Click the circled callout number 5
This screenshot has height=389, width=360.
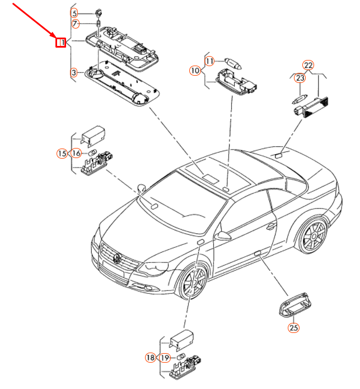pos(74,13)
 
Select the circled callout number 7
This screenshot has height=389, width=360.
pos(76,24)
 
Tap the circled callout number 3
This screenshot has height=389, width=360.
pos(74,73)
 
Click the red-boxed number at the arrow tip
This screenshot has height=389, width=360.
pos(60,43)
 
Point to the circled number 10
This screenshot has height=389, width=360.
pos(195,71)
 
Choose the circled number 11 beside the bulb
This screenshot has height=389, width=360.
pos(209,61)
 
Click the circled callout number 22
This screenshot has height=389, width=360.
pos(308,65)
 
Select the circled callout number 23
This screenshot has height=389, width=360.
pos(300,78)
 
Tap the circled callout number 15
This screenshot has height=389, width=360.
pos(62,154)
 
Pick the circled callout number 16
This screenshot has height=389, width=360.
pos(76,153)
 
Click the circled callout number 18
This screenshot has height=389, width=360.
pos(151,358)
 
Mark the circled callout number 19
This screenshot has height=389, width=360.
pos(165,358)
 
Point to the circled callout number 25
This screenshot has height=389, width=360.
pos(293,328)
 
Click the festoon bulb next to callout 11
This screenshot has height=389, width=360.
pos(233,63)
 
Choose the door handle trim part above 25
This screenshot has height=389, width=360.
pos(295,305)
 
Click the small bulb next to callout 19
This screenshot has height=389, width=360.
pos(181,356)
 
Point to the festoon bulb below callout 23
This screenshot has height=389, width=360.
pos(300,99)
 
